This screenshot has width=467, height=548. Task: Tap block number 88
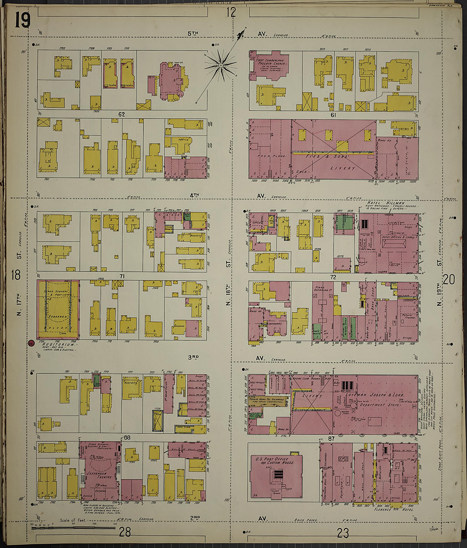(127, 438)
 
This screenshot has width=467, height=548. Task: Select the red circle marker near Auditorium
(31, 343)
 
